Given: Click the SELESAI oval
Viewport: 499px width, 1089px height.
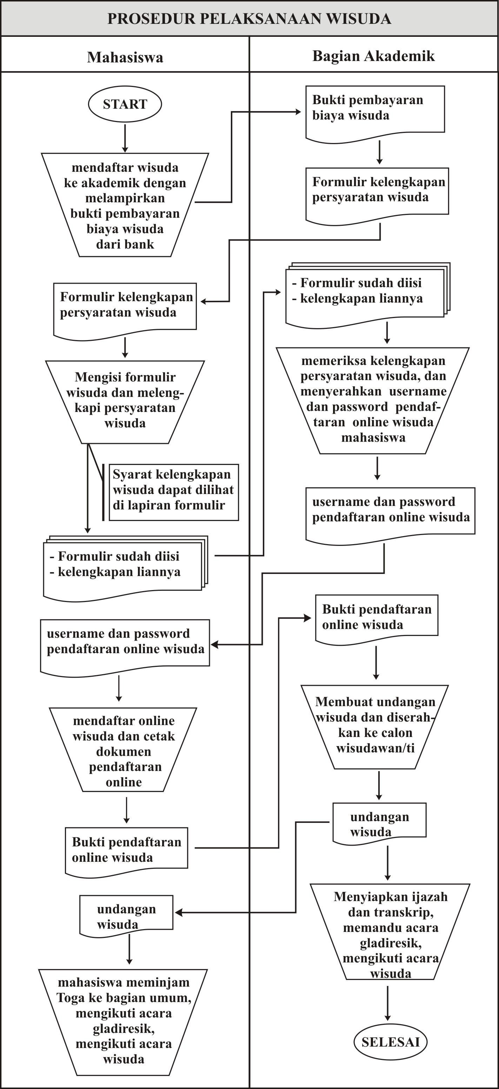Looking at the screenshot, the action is pyautogui.click(x=390, y=1042).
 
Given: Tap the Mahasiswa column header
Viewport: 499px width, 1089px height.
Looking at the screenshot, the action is pyautogui.click(x=125, y=58).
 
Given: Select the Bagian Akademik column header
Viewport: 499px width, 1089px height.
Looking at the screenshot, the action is pyautogui.click(x=373, y=56).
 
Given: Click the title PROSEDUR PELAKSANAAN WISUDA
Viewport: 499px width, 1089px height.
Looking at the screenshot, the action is pyautogui.click(x=249, y=19).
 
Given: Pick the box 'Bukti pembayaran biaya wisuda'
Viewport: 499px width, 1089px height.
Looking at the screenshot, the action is pyautogui.click(x=375, y=114).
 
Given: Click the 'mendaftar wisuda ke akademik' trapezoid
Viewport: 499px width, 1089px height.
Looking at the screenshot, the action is pyautogui.click(x=125, y=205).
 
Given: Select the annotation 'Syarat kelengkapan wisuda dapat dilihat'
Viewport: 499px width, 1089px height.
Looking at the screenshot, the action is pyautogui.click(x=174, y=492).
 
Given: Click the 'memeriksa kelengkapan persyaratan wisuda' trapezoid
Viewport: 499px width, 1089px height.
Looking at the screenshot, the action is pyautogui.click(x=372, y=401).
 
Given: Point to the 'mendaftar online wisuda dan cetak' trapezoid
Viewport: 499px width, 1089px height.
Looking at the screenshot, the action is pyautogui.click(x=123, y=750).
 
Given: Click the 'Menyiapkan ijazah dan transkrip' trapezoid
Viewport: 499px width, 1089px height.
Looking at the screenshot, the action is pyautogui.click(x=390, y=932).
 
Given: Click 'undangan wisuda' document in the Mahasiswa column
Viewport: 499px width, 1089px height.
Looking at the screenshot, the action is pyautogui.click(x=126, y=916).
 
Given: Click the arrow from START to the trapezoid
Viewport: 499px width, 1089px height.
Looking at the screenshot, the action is pyautogui.click(x=125, y=138).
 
